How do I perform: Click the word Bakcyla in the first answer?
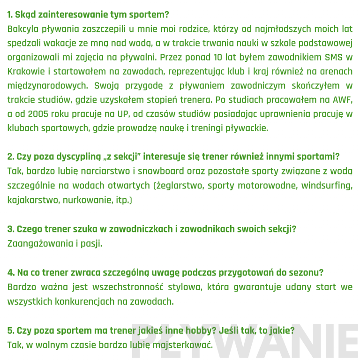pyautogui.click(x=23, y=29)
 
